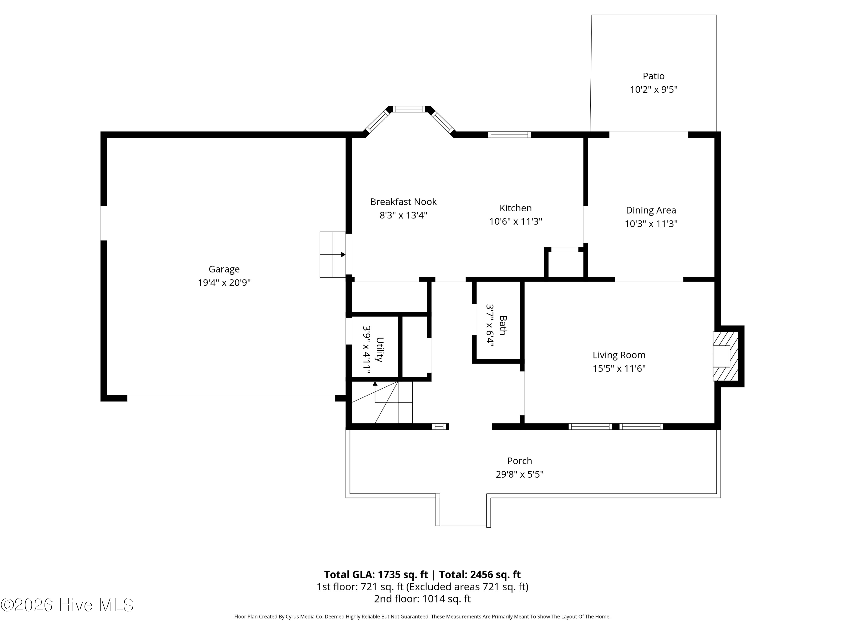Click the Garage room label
(x=224, y=269)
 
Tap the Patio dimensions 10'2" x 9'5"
(x=654, y=89)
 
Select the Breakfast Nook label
(x=403, y=202)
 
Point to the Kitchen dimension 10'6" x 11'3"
(x=516, y=221)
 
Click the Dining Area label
(x=651, y=210)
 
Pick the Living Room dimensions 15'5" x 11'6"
(x=619, y=368)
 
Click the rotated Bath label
(x=503, y=325)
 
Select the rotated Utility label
(x=379, y=349)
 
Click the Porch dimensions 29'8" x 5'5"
(x=519, y=474)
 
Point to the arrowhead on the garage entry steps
(x=343, y=254)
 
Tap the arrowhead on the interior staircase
(x=375, y=384)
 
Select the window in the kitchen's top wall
(x=509, y=134)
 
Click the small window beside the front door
(x=440, y=427)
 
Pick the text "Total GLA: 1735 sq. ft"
(x=376, y=575)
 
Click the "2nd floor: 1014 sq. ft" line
(x=422, y=599)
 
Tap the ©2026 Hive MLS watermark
(x=67, y=605)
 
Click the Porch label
(x=519, y=461)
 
